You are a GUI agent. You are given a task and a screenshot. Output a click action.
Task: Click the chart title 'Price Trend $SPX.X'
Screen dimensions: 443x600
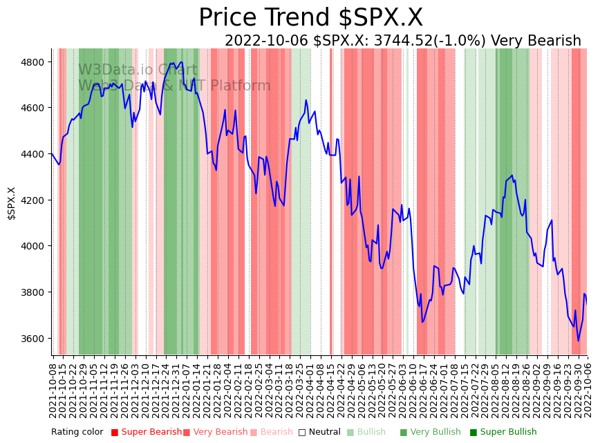coord(310,18)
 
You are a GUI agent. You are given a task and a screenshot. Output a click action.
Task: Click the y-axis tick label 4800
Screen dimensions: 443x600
coord(35,62)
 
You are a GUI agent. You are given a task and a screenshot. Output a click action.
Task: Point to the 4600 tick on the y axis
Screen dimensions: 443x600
coord(35,108)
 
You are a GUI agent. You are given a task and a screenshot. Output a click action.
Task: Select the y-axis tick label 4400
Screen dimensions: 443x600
coord(35,154)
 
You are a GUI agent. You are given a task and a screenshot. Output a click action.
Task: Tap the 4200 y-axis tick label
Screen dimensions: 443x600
coord(35,200)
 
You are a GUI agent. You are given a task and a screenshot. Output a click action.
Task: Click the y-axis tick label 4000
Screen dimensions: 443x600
coord(35,246)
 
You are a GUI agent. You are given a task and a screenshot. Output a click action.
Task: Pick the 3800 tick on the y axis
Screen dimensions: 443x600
coord(35,292)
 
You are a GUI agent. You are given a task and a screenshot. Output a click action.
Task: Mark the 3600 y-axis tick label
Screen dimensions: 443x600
coord(35,339)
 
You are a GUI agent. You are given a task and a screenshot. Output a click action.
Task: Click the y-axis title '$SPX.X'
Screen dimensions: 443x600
coord(11,203)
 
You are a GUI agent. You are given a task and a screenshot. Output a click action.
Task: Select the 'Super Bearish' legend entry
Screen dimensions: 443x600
coord(147,432)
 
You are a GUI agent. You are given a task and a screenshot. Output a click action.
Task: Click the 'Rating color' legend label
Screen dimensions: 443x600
coord(77,432)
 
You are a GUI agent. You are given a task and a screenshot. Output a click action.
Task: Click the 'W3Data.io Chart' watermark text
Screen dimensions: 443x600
coord(138,70)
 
